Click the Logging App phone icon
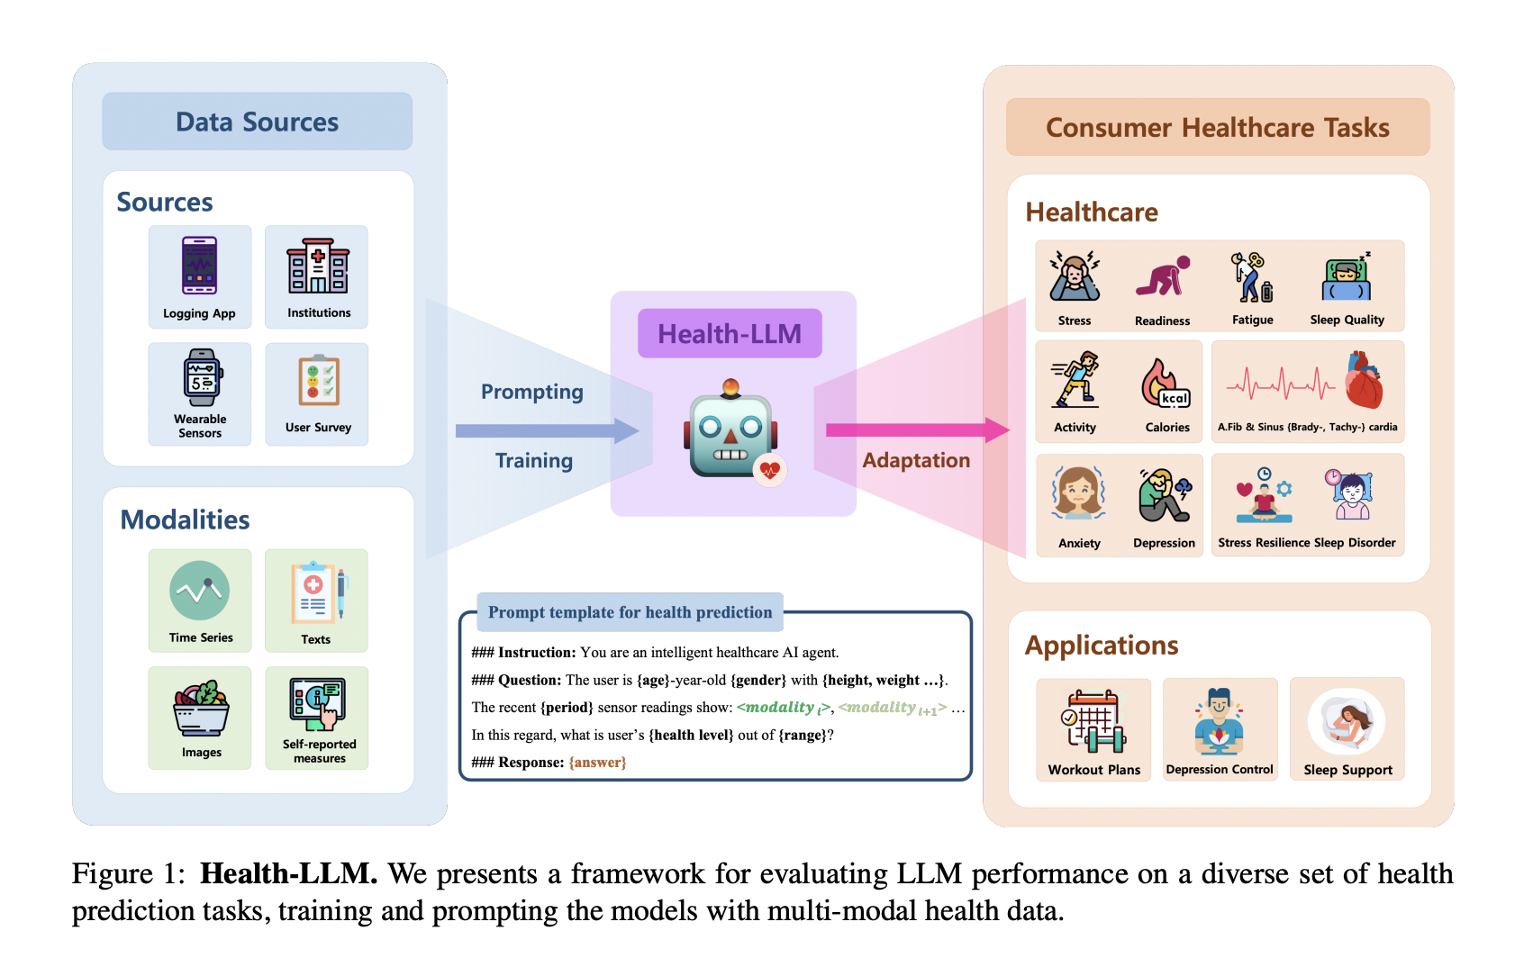(199, 266)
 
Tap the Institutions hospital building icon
(317, 266)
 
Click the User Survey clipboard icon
(318, 381)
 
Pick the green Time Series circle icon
(199, 591)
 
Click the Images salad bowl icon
(201, 709)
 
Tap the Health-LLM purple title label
(730, 333)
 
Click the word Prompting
(531, 392)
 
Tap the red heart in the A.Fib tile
(1363, 382)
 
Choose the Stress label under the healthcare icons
(1074, 321)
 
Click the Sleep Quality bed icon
(1347, 277)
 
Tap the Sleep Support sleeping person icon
(1347, 720)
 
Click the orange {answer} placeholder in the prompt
(597, 763)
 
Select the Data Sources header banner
(258, 122)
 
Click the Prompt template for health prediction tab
(630, 612)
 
